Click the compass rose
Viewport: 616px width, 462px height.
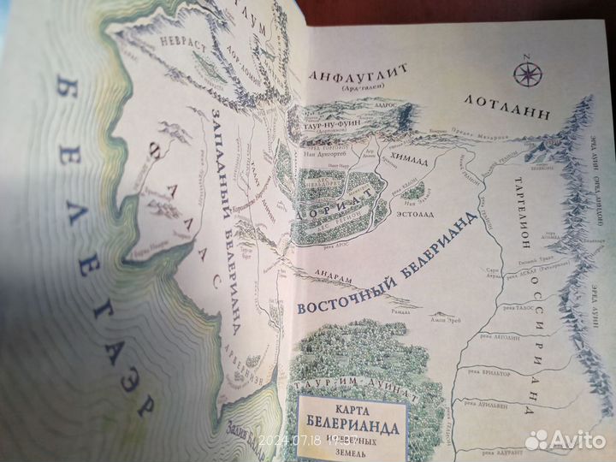point(523,66)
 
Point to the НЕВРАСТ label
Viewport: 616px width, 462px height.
point(181,48)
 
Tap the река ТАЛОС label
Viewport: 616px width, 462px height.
point(505,312)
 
